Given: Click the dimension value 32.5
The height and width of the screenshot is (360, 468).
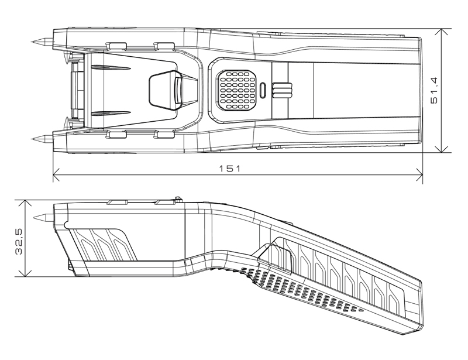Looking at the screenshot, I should [19, 239].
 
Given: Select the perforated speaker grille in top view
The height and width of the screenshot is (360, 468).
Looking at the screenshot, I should [238, 90].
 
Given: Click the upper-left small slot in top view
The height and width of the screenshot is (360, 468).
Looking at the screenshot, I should [117, 45].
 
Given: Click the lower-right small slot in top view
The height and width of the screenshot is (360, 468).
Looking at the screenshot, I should [164, 135].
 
